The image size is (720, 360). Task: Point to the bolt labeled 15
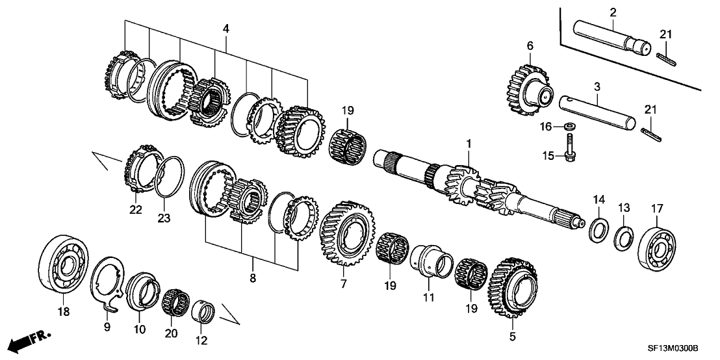tap(569, 149)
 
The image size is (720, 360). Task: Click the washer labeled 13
tap(624, 236)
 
